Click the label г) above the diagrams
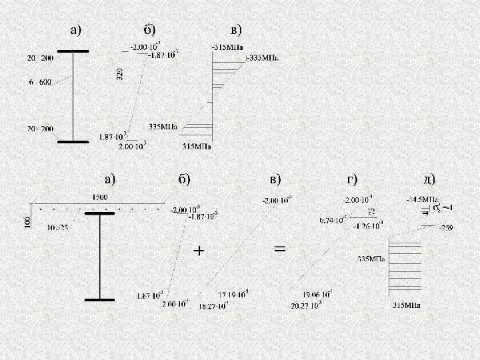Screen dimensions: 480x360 coord(351,179)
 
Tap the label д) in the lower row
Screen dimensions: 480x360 coord(429,179)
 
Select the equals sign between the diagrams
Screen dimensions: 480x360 coord(280,248)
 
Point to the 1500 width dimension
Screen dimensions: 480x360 coord(99,197)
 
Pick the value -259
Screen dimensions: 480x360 coord(445,228)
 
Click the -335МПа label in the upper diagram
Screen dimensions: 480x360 coord(264,57)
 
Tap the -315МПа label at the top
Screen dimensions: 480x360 coord(227,47)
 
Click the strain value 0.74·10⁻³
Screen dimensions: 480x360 coord(333,219)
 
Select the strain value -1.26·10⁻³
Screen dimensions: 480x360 coord(367,225)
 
